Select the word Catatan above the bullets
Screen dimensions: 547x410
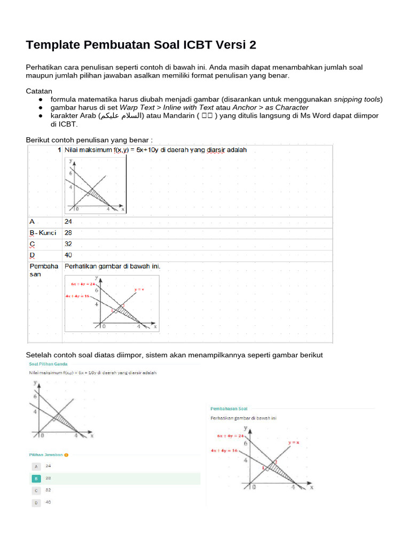(40, 91)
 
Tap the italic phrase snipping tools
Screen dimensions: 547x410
(357, 99)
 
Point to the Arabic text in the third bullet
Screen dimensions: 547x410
(120, 116)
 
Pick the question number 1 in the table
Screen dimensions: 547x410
(59, 150)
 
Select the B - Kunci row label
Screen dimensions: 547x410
(43, 232)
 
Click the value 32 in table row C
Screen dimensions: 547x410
(68, 244)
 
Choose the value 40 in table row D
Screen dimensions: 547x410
(68, 255)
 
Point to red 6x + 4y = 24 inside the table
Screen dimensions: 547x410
(82, 284)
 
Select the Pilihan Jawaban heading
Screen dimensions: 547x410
(46, 455)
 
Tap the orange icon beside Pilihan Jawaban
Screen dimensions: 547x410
(66, 455)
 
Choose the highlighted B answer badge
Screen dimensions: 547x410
(36, 479)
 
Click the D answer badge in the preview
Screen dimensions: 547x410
(36, 503)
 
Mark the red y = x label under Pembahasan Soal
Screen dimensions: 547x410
(294, 443)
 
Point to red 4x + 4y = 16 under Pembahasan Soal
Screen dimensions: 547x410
(224, 451)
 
